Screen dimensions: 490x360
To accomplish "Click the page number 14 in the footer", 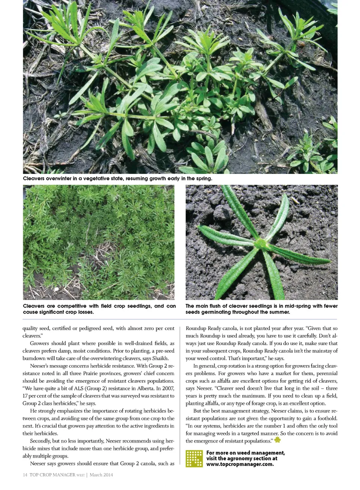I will pyautogui.click(x=25, y=475).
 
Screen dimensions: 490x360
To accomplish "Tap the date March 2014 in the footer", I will pyautogui.click(x=101, y=475).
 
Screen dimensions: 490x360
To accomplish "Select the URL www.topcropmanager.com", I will pyautogui.click(x=240, y=464).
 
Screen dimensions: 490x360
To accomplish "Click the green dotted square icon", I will pyautogui.click(x=194, y=458).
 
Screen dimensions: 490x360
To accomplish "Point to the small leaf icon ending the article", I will pyautogui.click(x=277, y=440).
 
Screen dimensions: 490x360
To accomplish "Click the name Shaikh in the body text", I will pyautogui.click(x=160, y=358).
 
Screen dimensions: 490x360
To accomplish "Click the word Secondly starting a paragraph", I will pyautogui.click(x=40, y=441).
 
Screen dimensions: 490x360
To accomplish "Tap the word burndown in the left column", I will pyautogui.click(x=34, y=358).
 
